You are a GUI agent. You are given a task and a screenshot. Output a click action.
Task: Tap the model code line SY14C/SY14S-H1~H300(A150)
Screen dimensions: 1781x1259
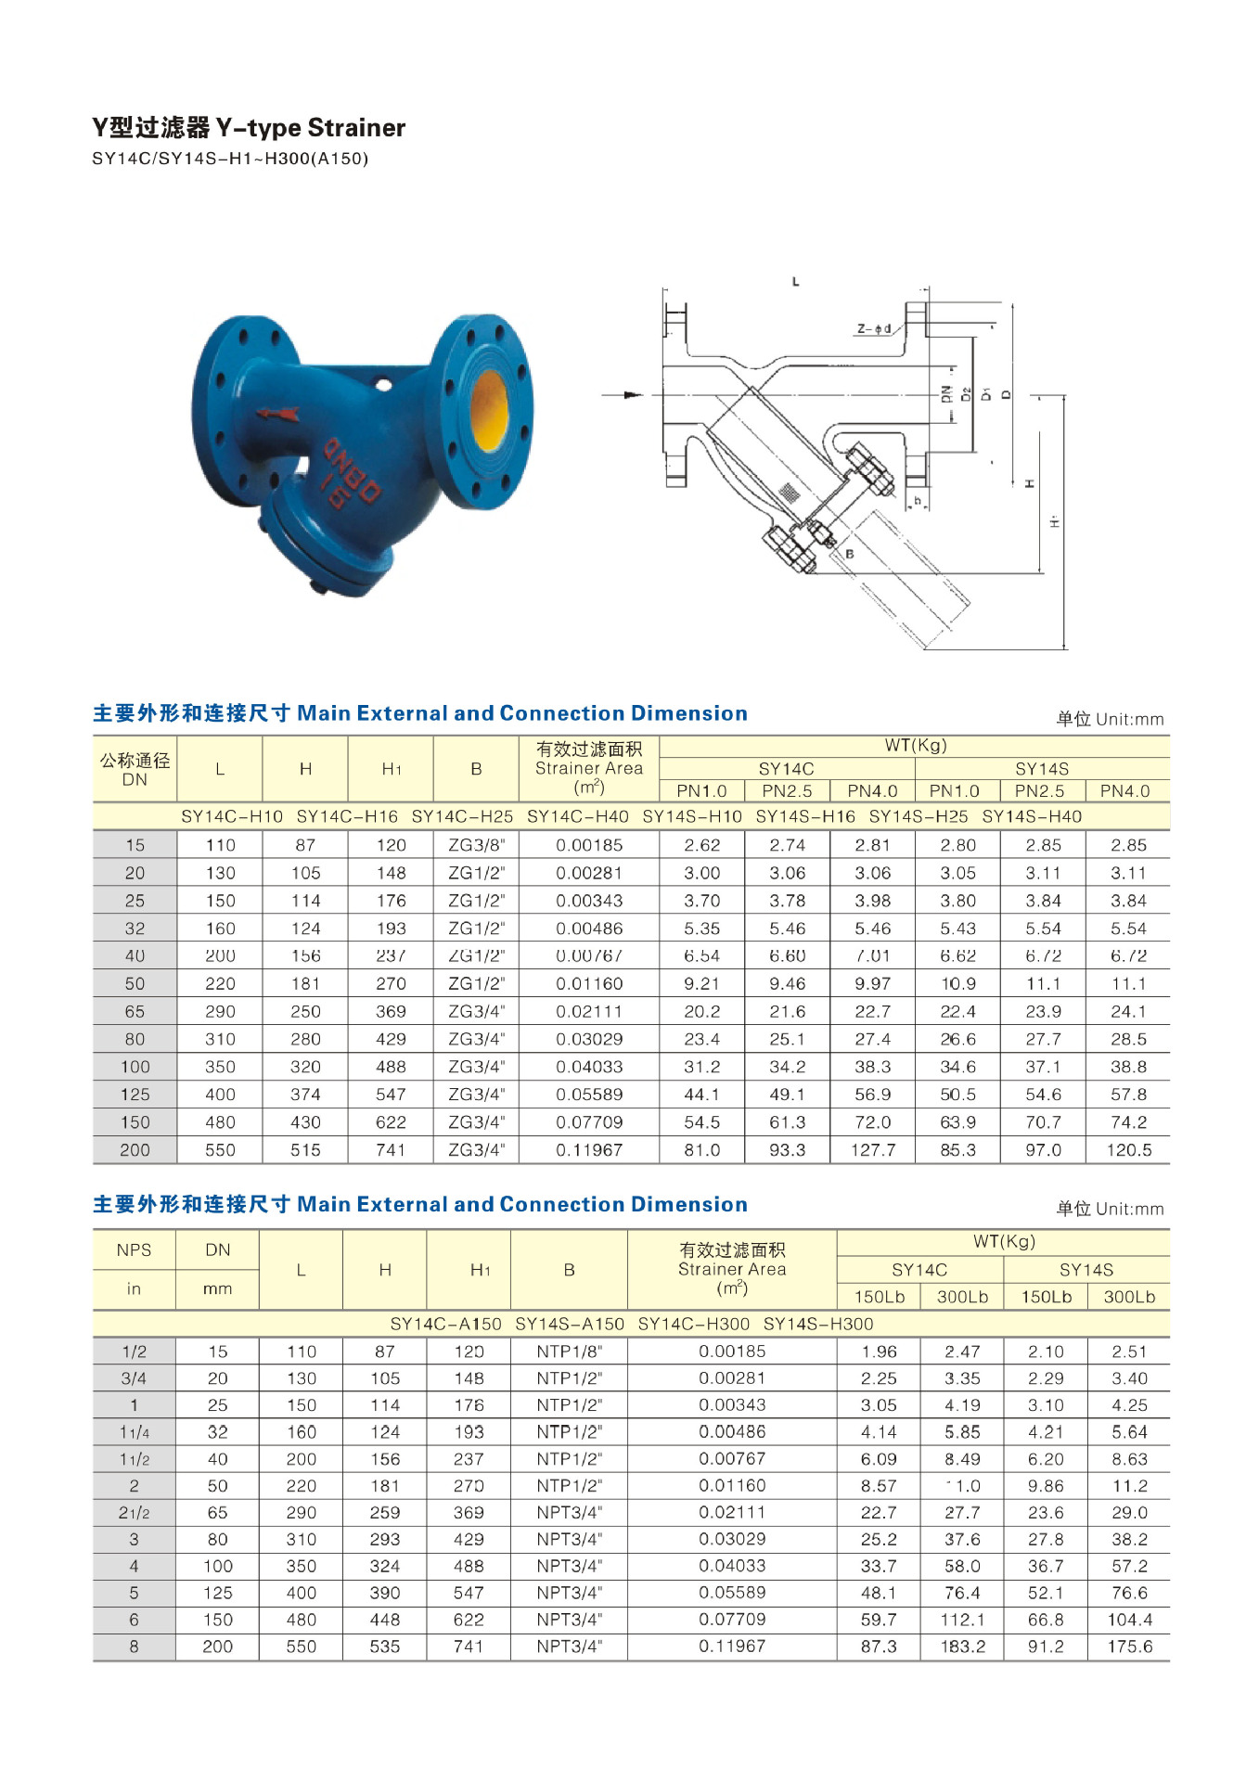click(x=229, y=159)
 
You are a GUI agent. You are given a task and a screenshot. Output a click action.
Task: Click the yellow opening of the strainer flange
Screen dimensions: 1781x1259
click(x=488, y=409)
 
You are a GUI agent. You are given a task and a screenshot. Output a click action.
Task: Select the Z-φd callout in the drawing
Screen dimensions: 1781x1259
click(x=874, y=328)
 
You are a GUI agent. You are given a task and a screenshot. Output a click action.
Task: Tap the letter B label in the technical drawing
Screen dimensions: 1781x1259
click(x=849, y=554)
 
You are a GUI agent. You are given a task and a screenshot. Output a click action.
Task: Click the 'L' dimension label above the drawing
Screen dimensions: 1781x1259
click(x=795, y=281)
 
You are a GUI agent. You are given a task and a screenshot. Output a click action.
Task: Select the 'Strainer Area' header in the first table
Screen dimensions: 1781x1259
click(x=588, y=768)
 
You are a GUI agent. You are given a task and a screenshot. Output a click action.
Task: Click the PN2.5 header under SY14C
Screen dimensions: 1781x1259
click(x=787, y=791)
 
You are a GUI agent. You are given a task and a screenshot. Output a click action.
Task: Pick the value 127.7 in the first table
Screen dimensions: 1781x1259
click(x=872, y=1150)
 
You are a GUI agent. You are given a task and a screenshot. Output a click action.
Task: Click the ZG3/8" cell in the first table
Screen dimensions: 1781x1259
click(x=476, y=845)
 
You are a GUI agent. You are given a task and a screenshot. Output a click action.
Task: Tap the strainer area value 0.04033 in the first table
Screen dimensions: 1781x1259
click(x=588, y=1067)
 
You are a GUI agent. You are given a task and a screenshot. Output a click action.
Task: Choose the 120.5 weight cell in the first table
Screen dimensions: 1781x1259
click(x=1128, y=1150)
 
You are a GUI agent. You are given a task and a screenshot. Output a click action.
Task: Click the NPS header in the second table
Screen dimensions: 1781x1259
click(x=134, y=1249)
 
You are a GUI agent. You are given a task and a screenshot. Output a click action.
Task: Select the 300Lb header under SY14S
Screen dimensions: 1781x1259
click(x=1128, y=1297)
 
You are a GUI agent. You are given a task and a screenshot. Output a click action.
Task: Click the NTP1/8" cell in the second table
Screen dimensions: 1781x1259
click(x=569, y=1352)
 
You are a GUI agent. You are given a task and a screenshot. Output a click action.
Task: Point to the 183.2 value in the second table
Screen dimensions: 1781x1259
click(x=962, y=1646)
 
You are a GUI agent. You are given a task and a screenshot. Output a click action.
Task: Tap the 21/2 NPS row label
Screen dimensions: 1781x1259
click(x=134, y=1513)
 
